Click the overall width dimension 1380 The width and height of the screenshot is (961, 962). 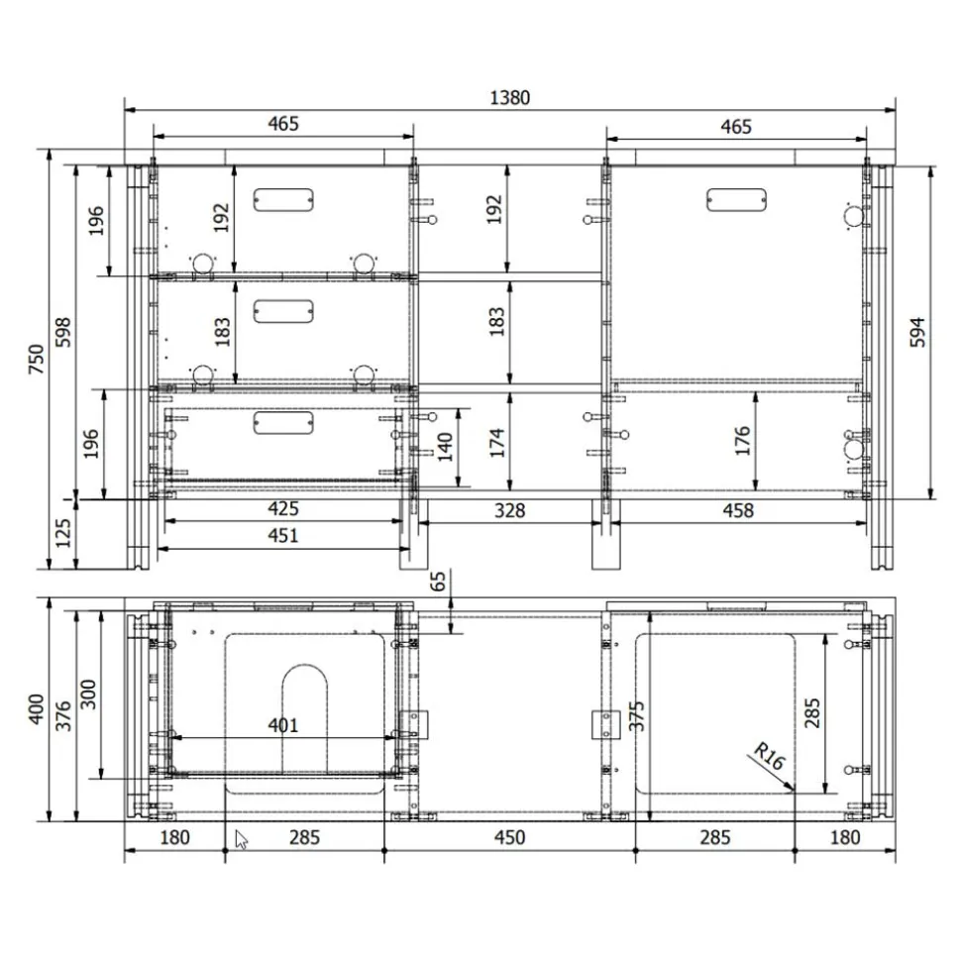click(x=510, y=97)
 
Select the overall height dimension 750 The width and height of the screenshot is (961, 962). click(x=36, y=359)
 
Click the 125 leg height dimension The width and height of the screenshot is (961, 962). click(x=64, y=535)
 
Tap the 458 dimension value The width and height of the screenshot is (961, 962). click(x=738, y=510)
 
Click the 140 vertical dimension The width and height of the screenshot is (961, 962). click(x=447, y=448)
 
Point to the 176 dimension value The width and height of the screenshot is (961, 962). click(x=743, y=441)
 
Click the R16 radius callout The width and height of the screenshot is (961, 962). click(x=767, y=758)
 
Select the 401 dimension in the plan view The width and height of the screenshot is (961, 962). click(x=282, y=725)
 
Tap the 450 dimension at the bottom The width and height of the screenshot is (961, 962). click(x=508, y=837)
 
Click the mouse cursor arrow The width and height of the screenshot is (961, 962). click(x=241, y=841)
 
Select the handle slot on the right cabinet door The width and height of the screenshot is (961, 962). click(x=737, y=199)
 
